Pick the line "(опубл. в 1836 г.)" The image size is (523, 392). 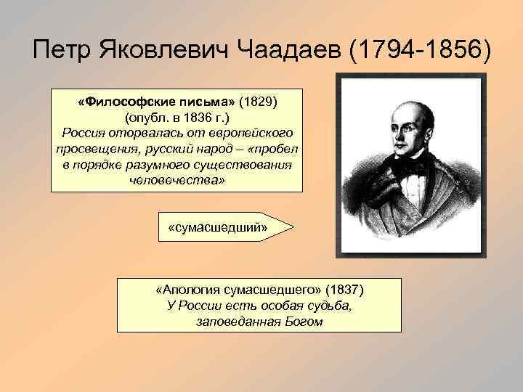tap(176, 118)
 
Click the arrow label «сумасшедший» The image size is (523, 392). tap(218, 228)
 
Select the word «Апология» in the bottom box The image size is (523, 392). tap(185, 290)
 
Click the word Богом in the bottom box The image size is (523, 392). tap(302, 321)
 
